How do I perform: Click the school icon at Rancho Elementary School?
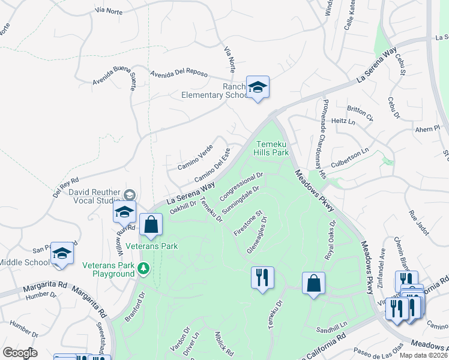tap(258, 88)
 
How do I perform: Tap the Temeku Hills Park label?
tap(273, 148)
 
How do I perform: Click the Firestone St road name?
tap(247, 223)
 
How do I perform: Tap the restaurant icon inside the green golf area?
tap(262, 277)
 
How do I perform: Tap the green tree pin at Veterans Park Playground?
tap(144, 269)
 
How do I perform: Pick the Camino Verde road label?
tap(195, 157)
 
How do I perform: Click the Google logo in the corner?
tap(20, 353)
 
